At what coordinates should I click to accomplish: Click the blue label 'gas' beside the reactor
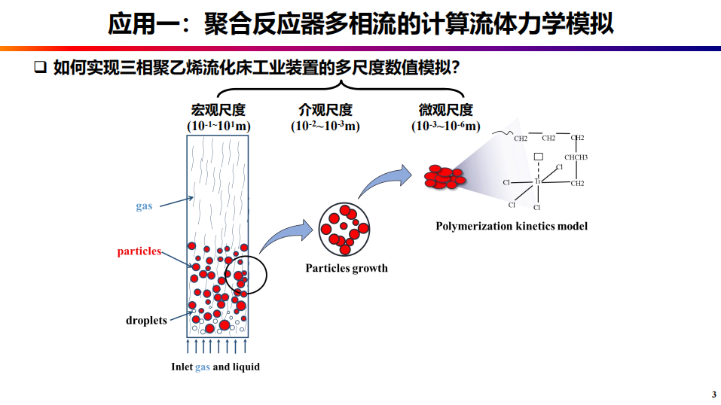point(144,206)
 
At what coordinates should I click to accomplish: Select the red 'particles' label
point(139,251)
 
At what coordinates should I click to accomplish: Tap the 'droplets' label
point(146,320)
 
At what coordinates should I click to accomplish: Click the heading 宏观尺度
point(218,110)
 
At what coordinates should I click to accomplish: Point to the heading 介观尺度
point(325,110)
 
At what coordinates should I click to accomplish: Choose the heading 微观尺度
point(446,110)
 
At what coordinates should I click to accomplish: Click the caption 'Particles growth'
point(347,268)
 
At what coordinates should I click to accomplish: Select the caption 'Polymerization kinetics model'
point(512,226)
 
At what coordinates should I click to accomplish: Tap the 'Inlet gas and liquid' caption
point(215,367)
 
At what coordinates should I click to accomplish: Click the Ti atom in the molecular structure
point(538,182)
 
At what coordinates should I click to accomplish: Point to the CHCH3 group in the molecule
point(576,157)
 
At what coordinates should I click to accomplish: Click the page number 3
point(713,395)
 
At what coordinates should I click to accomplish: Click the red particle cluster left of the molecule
point(444,175)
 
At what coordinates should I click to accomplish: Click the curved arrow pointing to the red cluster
point(385,180)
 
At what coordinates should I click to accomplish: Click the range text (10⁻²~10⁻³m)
point(325,126)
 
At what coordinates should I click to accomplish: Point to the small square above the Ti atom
point(538,157)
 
